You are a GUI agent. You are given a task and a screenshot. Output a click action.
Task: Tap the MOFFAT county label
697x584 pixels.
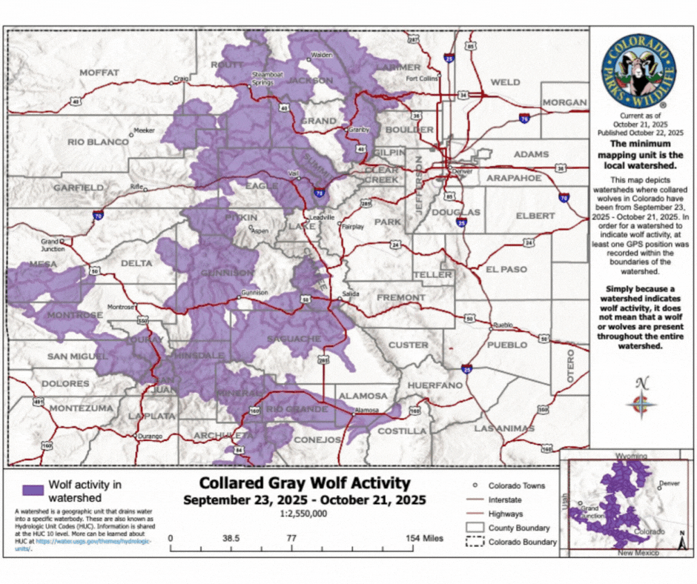[99, 72]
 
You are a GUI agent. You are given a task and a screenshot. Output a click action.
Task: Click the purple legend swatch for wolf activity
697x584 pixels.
[32, 490]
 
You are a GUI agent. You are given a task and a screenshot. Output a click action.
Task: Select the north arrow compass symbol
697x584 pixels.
[642, 400]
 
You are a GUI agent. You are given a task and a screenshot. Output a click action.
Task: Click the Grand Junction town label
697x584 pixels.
[50, 245]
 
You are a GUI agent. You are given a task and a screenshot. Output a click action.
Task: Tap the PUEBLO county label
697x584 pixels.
[508, 345]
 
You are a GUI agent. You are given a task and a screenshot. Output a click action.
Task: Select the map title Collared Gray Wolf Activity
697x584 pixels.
[305, 484]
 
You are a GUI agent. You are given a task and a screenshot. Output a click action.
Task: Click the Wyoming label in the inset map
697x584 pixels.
[632, 457]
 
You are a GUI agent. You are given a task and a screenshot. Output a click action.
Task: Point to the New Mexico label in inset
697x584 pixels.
[631, 554]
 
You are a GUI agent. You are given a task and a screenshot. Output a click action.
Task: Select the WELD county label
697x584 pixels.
[505, 82]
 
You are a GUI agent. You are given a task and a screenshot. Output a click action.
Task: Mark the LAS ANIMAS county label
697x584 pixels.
[504, 428]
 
